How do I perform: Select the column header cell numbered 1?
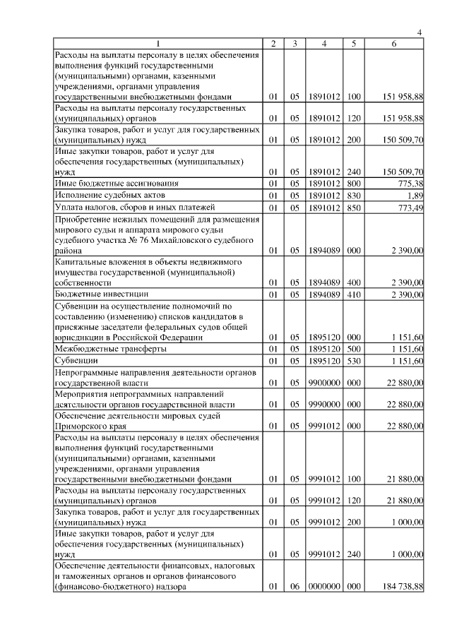click(157, 44)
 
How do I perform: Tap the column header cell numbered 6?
click(394, 44)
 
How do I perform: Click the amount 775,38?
click(408, 183)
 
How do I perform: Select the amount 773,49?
click(408, 206)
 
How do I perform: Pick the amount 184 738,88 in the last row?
click(399, 586)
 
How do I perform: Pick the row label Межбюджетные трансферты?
click(111, 349)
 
